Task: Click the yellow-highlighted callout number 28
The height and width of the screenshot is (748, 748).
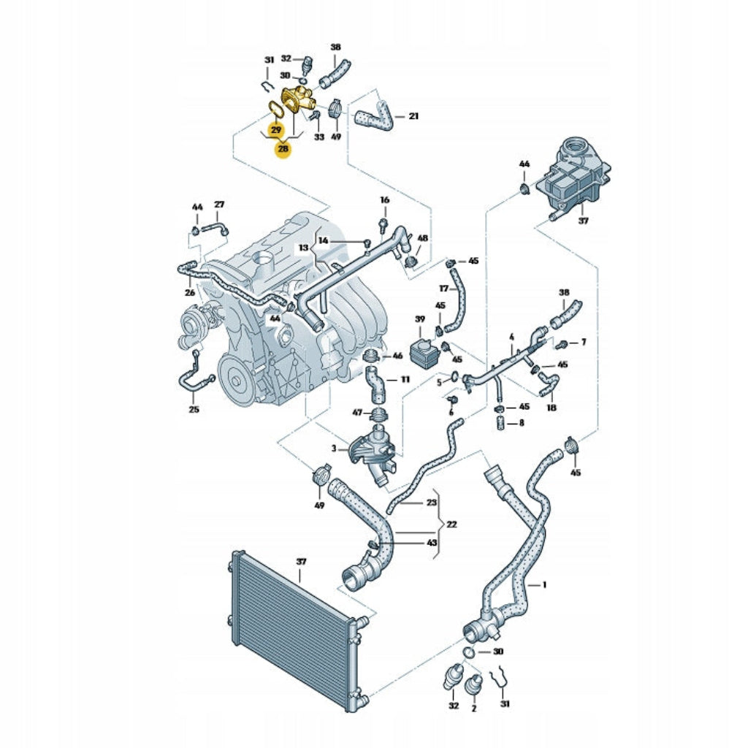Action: (x=283, y=149)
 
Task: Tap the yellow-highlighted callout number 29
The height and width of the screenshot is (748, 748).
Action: (x=276, y=130)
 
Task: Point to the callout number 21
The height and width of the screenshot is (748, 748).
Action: (x=413, y=116)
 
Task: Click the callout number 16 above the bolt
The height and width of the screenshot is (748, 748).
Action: (x=384, y=200)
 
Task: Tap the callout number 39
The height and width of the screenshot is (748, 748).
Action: (x=420, y=318)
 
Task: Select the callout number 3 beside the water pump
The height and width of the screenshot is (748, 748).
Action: (x=334, y=449)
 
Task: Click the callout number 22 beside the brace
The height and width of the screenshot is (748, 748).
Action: (x=451, y=524)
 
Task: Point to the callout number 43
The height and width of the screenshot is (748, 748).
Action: (x=431, y=543)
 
